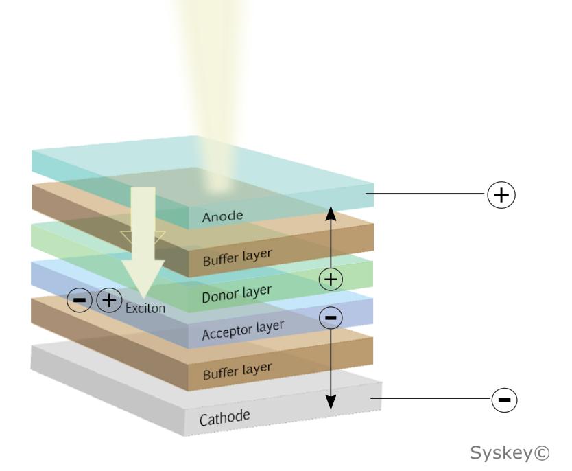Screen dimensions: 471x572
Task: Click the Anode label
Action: (x=222, y=217)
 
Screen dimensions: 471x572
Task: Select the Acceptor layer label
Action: (x=243, y=330)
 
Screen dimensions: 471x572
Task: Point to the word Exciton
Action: (x=145, y=308)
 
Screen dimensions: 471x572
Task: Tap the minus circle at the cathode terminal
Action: (x=504, y=398)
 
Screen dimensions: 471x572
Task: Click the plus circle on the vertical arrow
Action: (x=331, y=279)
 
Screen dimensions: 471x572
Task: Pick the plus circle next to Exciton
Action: (x=109, y=300)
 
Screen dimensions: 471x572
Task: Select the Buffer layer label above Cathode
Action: (x=236, y=371)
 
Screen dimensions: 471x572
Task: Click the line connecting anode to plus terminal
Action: (x=425, y=195)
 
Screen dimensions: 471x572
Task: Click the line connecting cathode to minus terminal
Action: (x=429, y=398)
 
